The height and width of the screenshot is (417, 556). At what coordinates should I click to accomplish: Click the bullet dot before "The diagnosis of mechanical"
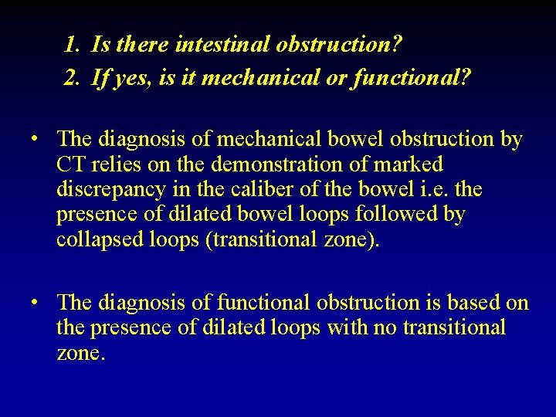36,140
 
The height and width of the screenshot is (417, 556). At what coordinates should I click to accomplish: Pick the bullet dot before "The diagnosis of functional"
36,303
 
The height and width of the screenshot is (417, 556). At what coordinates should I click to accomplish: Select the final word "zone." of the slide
80,353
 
